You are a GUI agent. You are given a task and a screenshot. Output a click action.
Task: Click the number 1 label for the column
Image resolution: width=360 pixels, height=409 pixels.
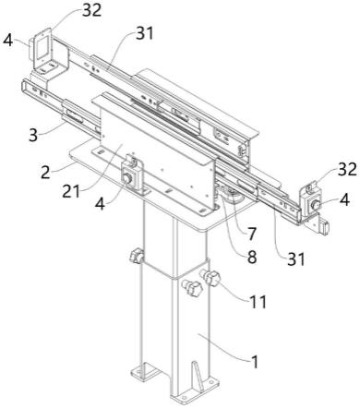(x=254, y=361)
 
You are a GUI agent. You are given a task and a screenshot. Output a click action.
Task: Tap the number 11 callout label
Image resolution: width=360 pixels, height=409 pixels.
(x=258, y=302)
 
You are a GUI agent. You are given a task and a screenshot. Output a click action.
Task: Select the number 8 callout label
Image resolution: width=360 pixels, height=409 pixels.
(x=252, y=257)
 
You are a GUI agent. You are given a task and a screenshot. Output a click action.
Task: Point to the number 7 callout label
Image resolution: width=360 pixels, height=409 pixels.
(x=252, y=234)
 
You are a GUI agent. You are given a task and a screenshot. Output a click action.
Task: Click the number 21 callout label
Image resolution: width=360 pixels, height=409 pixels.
(x=71, y=191)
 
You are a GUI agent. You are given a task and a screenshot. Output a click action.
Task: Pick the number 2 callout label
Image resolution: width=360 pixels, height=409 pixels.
(x=45, y=173)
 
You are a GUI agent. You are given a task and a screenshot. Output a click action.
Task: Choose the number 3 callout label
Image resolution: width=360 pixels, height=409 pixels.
(x=33, y=135)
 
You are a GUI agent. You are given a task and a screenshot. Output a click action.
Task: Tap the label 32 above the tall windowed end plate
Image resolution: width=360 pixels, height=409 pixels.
(x=91, y=10)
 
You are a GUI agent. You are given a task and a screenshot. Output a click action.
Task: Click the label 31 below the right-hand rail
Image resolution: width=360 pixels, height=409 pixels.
(x=296, y=259)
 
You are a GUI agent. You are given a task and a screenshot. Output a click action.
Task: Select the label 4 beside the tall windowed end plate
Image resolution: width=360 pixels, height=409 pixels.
(x=7, y=41)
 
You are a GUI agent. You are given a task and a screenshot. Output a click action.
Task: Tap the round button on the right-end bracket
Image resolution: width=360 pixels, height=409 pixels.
(x=315, y=204)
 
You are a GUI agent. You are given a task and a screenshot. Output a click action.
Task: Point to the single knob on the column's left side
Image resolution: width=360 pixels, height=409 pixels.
(x=136, y=257)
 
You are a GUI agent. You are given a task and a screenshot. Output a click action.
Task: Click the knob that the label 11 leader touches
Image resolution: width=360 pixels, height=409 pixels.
(x=211, y=277)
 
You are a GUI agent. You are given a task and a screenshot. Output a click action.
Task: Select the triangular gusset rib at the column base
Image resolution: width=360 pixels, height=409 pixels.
(x=198, y=376)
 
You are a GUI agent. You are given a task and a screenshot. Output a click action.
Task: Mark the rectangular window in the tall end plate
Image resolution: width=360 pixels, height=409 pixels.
(x=41, y=47)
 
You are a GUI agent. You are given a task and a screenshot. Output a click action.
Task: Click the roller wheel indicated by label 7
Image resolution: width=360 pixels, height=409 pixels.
(x=233, y=198)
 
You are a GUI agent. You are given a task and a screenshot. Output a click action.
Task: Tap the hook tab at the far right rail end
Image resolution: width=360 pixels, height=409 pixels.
(x=325, y=227)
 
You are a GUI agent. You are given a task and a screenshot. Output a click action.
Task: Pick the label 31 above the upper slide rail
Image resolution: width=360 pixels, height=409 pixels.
(x=145, y=33)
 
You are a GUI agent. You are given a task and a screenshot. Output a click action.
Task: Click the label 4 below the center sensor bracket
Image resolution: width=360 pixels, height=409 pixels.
(x=101, y=204)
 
